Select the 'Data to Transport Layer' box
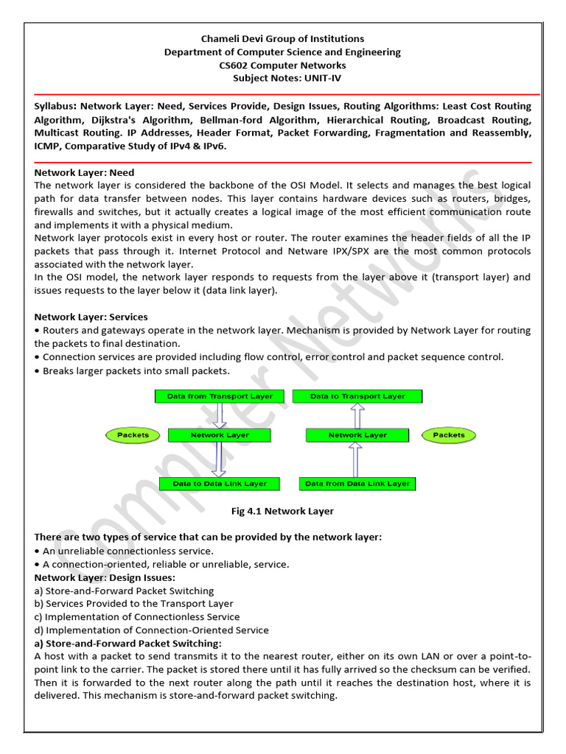(357, 396)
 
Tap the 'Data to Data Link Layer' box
(220, 484)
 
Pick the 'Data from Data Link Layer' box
(357, 484)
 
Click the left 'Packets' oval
(133, 435)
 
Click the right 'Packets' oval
(449, 435)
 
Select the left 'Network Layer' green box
(220, 435)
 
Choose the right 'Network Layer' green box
(357, 435)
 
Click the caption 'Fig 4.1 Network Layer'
(283, 511)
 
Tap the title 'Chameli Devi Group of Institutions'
(283, 38)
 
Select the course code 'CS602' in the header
(235, 65)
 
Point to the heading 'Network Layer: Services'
(91, 317)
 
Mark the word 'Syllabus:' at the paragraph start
(57, 106)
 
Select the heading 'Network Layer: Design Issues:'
(105, 577)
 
